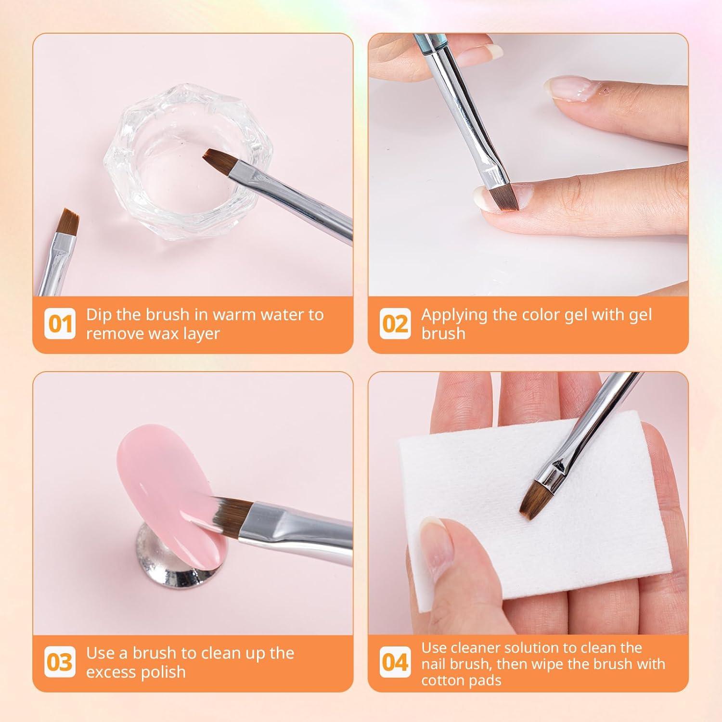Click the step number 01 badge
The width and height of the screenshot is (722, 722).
[60, 324]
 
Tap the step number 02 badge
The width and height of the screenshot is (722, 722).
[395, 324]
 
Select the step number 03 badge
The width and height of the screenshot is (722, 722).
[60, 662]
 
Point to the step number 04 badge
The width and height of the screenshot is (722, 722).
[395, 662]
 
